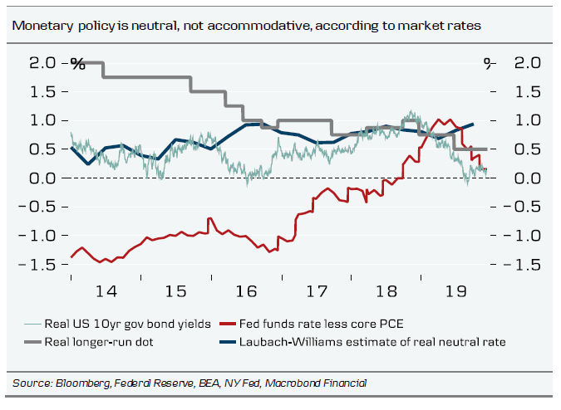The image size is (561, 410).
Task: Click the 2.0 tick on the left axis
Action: pyautogui.click(x=45, y=63)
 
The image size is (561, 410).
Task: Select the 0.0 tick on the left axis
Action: pyautogui.click(x=45, y=178)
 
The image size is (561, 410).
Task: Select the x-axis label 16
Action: pyautogui.click(x=246, y=292)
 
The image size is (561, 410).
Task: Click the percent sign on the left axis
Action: pyautogui.click(x=77, y=63)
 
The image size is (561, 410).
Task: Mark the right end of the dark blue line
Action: pyautogui.click(x=473, y=124)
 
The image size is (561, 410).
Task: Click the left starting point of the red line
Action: pyautogui.click(x=71, y=256)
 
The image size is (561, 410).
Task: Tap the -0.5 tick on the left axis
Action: pyautogui.click(x=43, y=207)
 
